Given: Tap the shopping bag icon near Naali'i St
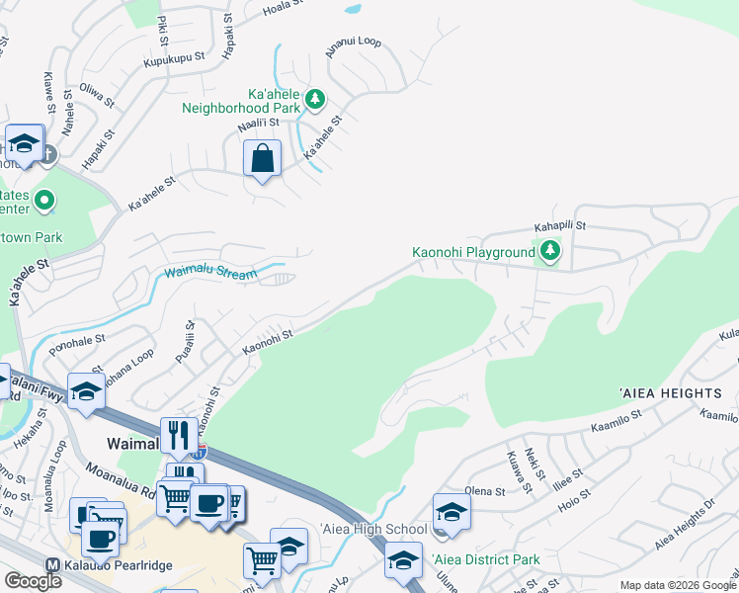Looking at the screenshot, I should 262,159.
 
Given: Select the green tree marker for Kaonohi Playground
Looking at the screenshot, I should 550,253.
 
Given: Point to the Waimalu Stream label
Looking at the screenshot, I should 210,273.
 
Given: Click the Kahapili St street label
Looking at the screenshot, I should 560,225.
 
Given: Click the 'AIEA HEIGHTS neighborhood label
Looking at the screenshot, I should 671,393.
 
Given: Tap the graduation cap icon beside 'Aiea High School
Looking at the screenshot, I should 451,511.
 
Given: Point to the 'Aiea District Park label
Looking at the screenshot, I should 486,559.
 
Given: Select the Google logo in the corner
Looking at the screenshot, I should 33,580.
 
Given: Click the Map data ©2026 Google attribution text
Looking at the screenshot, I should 678,585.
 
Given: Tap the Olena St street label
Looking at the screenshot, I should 485,490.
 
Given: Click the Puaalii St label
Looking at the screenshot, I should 184,342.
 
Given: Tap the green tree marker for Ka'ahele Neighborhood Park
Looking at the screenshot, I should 315,98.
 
